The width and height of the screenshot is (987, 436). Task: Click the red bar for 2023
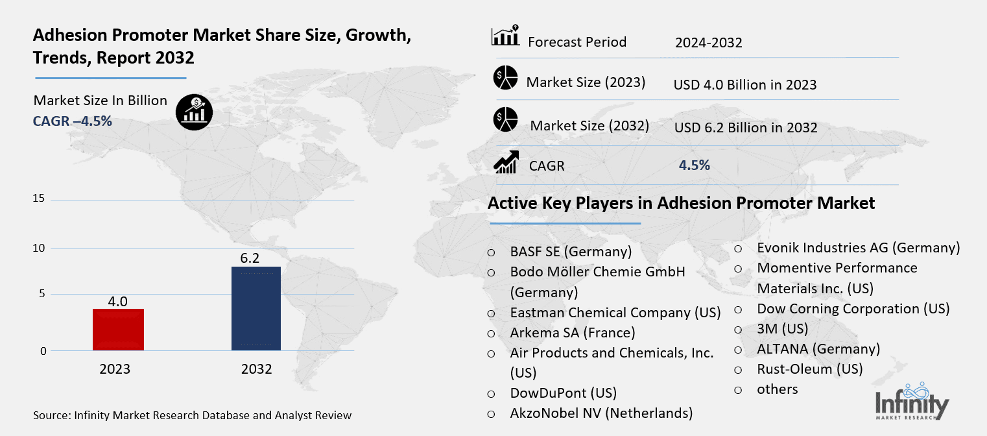coord(118,330)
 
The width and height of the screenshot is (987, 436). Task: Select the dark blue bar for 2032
coord(256,308)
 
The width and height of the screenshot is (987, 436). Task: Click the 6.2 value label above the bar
coord(250,258)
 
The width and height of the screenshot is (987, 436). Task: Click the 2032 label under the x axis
coord(256,369)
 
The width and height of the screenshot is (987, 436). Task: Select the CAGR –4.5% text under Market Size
coord(73,121)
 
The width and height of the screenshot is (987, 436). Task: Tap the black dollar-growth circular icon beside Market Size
coord(194,112)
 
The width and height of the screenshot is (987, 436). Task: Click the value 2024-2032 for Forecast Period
coord(708,43)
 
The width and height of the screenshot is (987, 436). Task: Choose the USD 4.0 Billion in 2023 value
coord(745,85)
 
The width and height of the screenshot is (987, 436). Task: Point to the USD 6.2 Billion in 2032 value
coord(746,128)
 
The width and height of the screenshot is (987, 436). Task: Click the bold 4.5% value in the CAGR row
coord(694,165)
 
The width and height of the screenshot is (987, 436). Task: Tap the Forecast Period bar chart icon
coord(505,36)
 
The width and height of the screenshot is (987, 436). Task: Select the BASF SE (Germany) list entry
coord(571,252)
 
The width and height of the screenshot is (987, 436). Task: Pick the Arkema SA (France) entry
coord(573,333)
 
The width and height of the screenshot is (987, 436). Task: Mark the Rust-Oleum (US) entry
coord(810,369)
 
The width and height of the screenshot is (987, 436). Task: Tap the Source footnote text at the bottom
coord(192,415)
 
